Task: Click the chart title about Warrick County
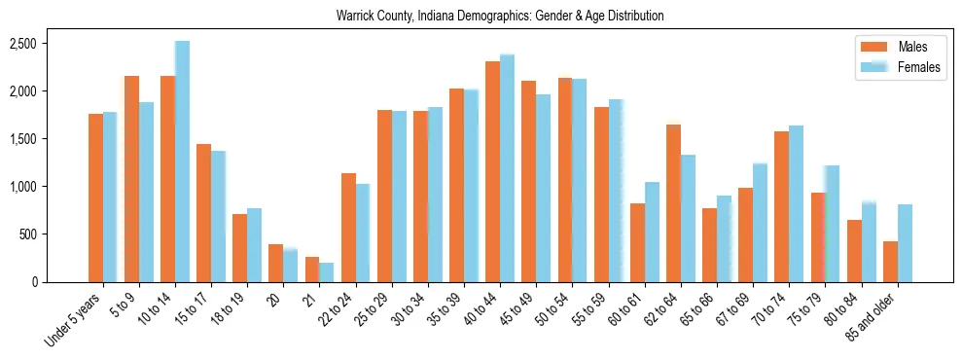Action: [x=500, y=16]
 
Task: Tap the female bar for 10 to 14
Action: [x=182, y=162]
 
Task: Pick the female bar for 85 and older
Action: [x=905, y=243]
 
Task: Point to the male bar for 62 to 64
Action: [x=673, y=203]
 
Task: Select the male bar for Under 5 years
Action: [x=95, y=198]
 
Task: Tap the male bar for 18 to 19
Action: [x=239, y=248]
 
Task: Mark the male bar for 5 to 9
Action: [x=131, y=179]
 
